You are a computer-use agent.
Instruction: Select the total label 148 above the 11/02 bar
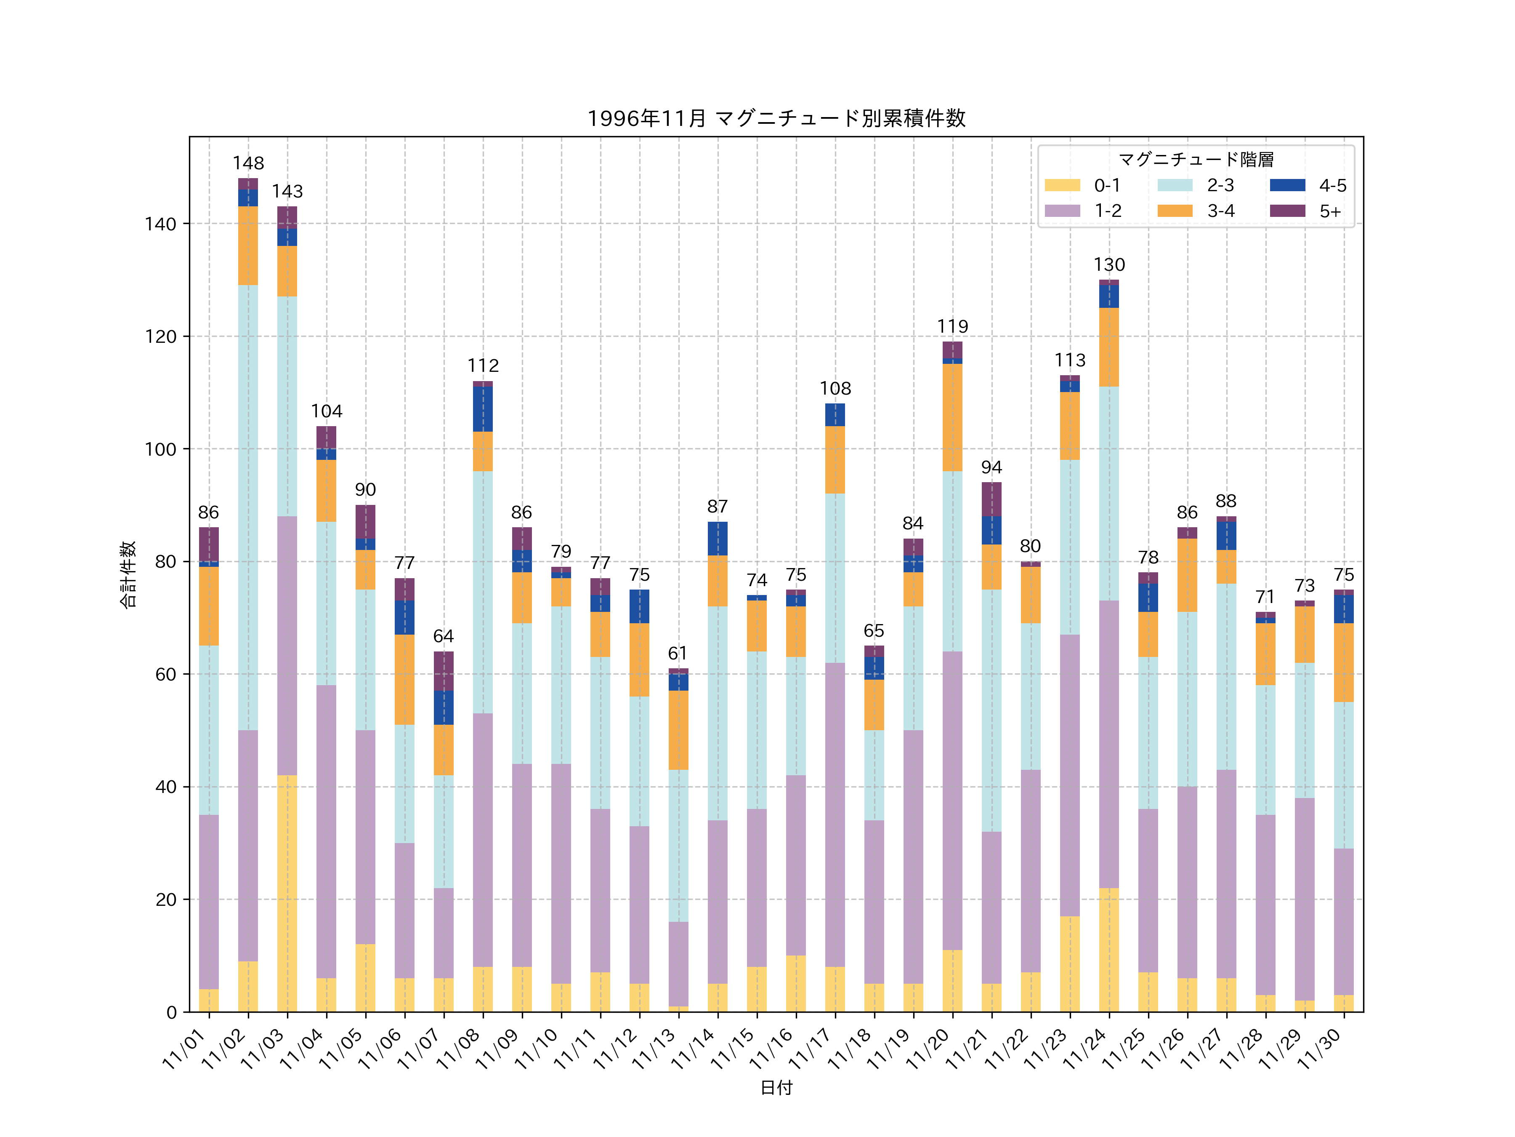[x=248, y=163]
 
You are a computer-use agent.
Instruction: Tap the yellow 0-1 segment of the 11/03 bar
[x=287, y=893]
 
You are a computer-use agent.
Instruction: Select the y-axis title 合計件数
[x=128, y=574]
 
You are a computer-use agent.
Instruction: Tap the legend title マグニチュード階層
[x=1196, y=160]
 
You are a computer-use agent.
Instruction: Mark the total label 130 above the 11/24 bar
[x=1109, y=264]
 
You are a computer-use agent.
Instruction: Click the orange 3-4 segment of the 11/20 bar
[x=952, y=417]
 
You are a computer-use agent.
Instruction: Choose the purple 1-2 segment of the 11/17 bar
[x=835, y=814]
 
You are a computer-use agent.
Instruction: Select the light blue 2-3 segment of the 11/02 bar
[x=248, y=507]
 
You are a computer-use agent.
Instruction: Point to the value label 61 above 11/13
[x=678, y=653]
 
